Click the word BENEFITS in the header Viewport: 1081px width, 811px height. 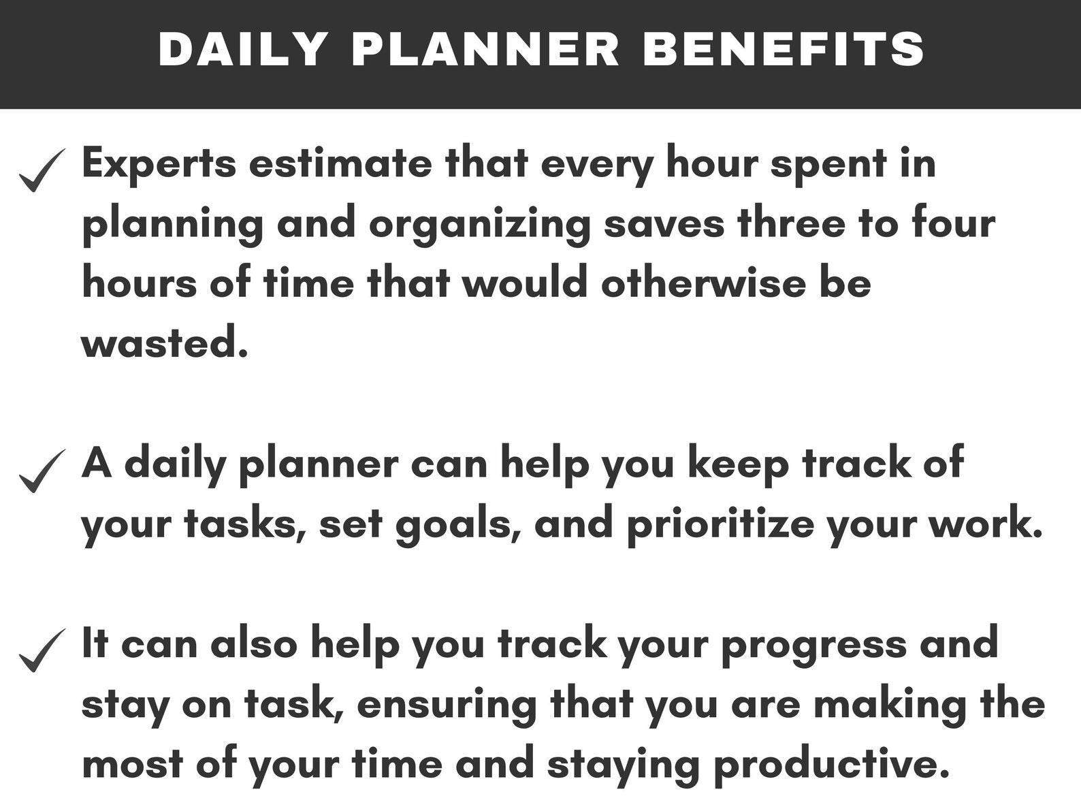(x=784, y=49)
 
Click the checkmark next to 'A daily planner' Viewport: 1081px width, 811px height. (x=42, y=471)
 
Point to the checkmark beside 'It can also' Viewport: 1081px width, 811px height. (x=42, y=650)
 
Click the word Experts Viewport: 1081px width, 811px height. (x=159, y=164)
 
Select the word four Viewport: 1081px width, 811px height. (x=952, y=223)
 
